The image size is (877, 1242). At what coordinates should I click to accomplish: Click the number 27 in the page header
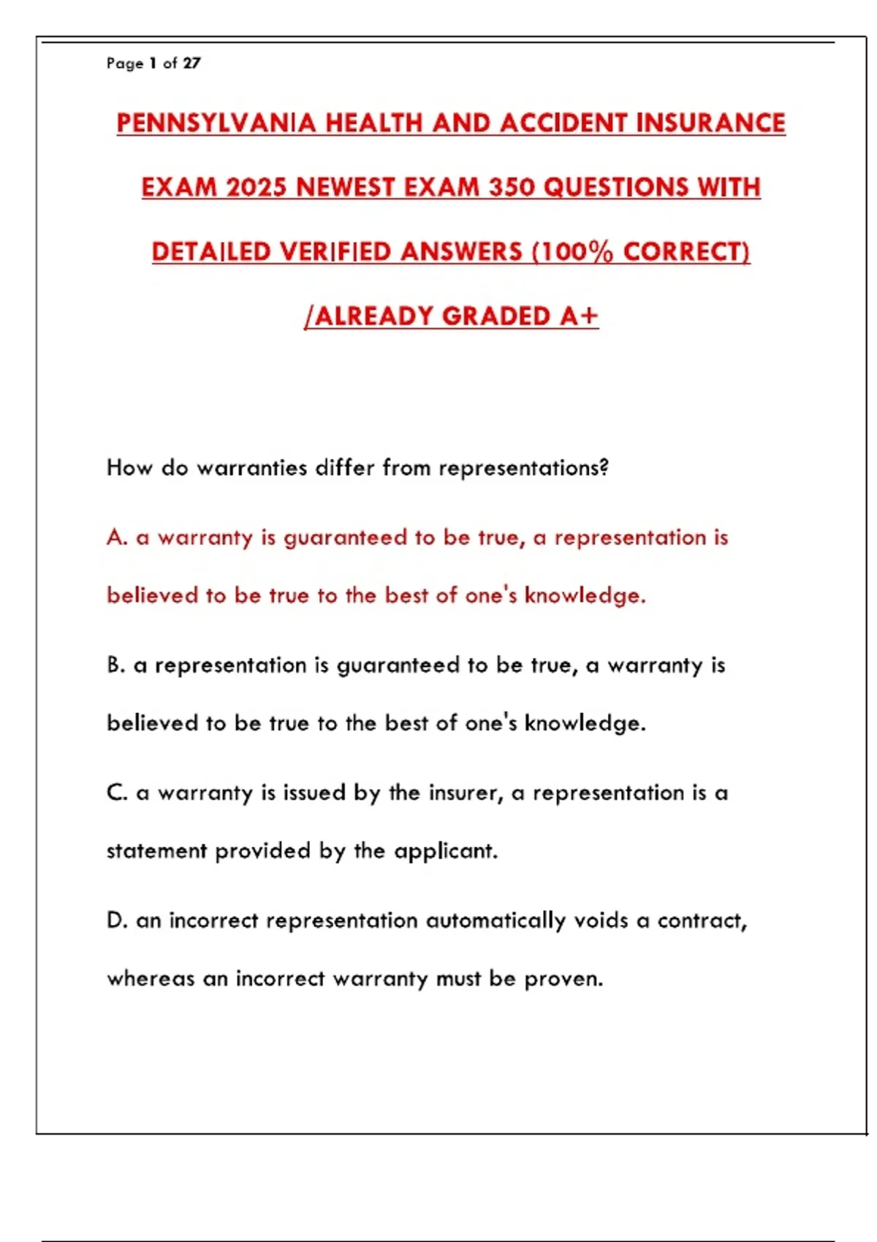(191, 64)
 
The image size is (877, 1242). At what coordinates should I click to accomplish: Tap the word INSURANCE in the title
(710, 123)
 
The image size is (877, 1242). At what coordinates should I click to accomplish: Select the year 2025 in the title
(256, 187)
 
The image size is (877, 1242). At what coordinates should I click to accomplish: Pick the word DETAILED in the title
(211, 251)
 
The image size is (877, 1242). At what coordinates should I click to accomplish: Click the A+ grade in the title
(580, 316)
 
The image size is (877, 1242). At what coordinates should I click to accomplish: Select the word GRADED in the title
(497, 316)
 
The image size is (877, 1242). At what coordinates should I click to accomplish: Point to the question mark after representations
(603, 468)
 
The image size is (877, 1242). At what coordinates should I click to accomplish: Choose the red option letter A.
(115, 538)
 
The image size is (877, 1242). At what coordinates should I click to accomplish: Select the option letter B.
(115, 665)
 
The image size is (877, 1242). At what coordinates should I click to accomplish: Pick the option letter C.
(115, 793)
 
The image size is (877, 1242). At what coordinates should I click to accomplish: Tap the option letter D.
(115, 921)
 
